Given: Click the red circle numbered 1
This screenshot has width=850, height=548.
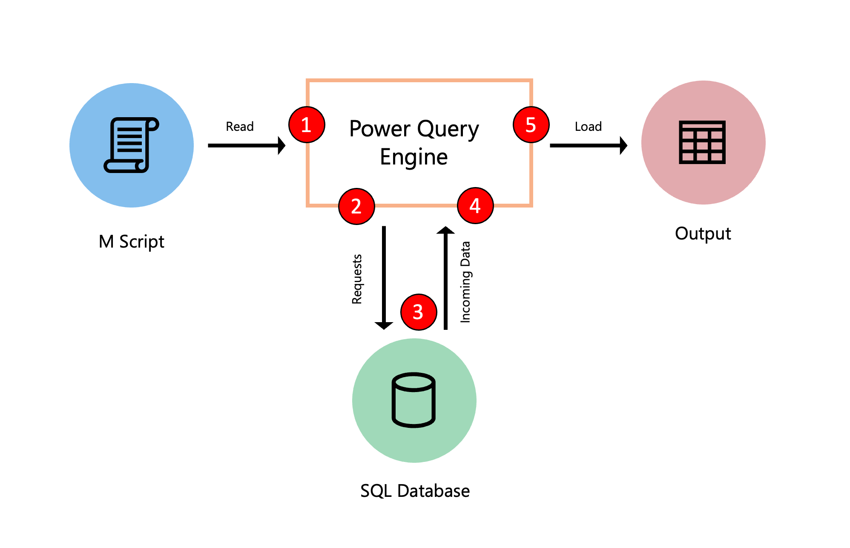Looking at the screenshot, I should [x=307, y=124].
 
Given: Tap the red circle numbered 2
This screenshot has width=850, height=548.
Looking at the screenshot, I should [x=356, y=206].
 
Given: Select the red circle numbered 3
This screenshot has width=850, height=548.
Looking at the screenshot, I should [x=419, y=312].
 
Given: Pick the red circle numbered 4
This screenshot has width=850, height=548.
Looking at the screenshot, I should [x=475, y=206].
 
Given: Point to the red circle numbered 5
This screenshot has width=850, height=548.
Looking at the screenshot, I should [x=531, y=124].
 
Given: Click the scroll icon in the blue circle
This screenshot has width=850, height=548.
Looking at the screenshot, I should [x=132, y=145].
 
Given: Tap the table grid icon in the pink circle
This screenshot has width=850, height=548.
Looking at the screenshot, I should [x=702, y=142].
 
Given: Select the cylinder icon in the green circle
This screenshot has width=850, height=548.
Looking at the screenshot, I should [x=414, y=400].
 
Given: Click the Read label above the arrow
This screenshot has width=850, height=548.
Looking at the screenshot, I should [x=240, y=127].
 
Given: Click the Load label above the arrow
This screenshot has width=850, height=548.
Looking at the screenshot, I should [x=588, y=127].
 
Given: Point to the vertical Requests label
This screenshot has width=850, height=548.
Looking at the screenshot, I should [x=357, y=279].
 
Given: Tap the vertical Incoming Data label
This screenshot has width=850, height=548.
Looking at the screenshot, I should [x=465, y=282].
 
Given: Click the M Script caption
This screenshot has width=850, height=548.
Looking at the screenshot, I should [x=131, y=242].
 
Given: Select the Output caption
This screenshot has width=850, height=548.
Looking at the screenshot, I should [x=703, y=234].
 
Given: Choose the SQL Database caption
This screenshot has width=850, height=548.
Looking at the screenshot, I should [x=415, y=491].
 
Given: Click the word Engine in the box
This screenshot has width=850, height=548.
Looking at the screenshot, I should [x=414, y=157].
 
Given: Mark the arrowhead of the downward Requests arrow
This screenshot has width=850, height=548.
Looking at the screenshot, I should [x=384, y=325].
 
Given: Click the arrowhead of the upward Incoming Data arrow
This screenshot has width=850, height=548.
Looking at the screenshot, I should [x=445, y=231].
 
